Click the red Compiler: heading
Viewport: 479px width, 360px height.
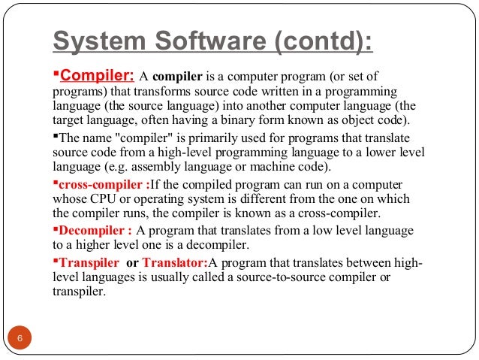coord(97,76)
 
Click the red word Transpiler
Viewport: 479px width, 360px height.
coord(89,262)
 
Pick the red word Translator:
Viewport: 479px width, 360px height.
coord(175,262)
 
